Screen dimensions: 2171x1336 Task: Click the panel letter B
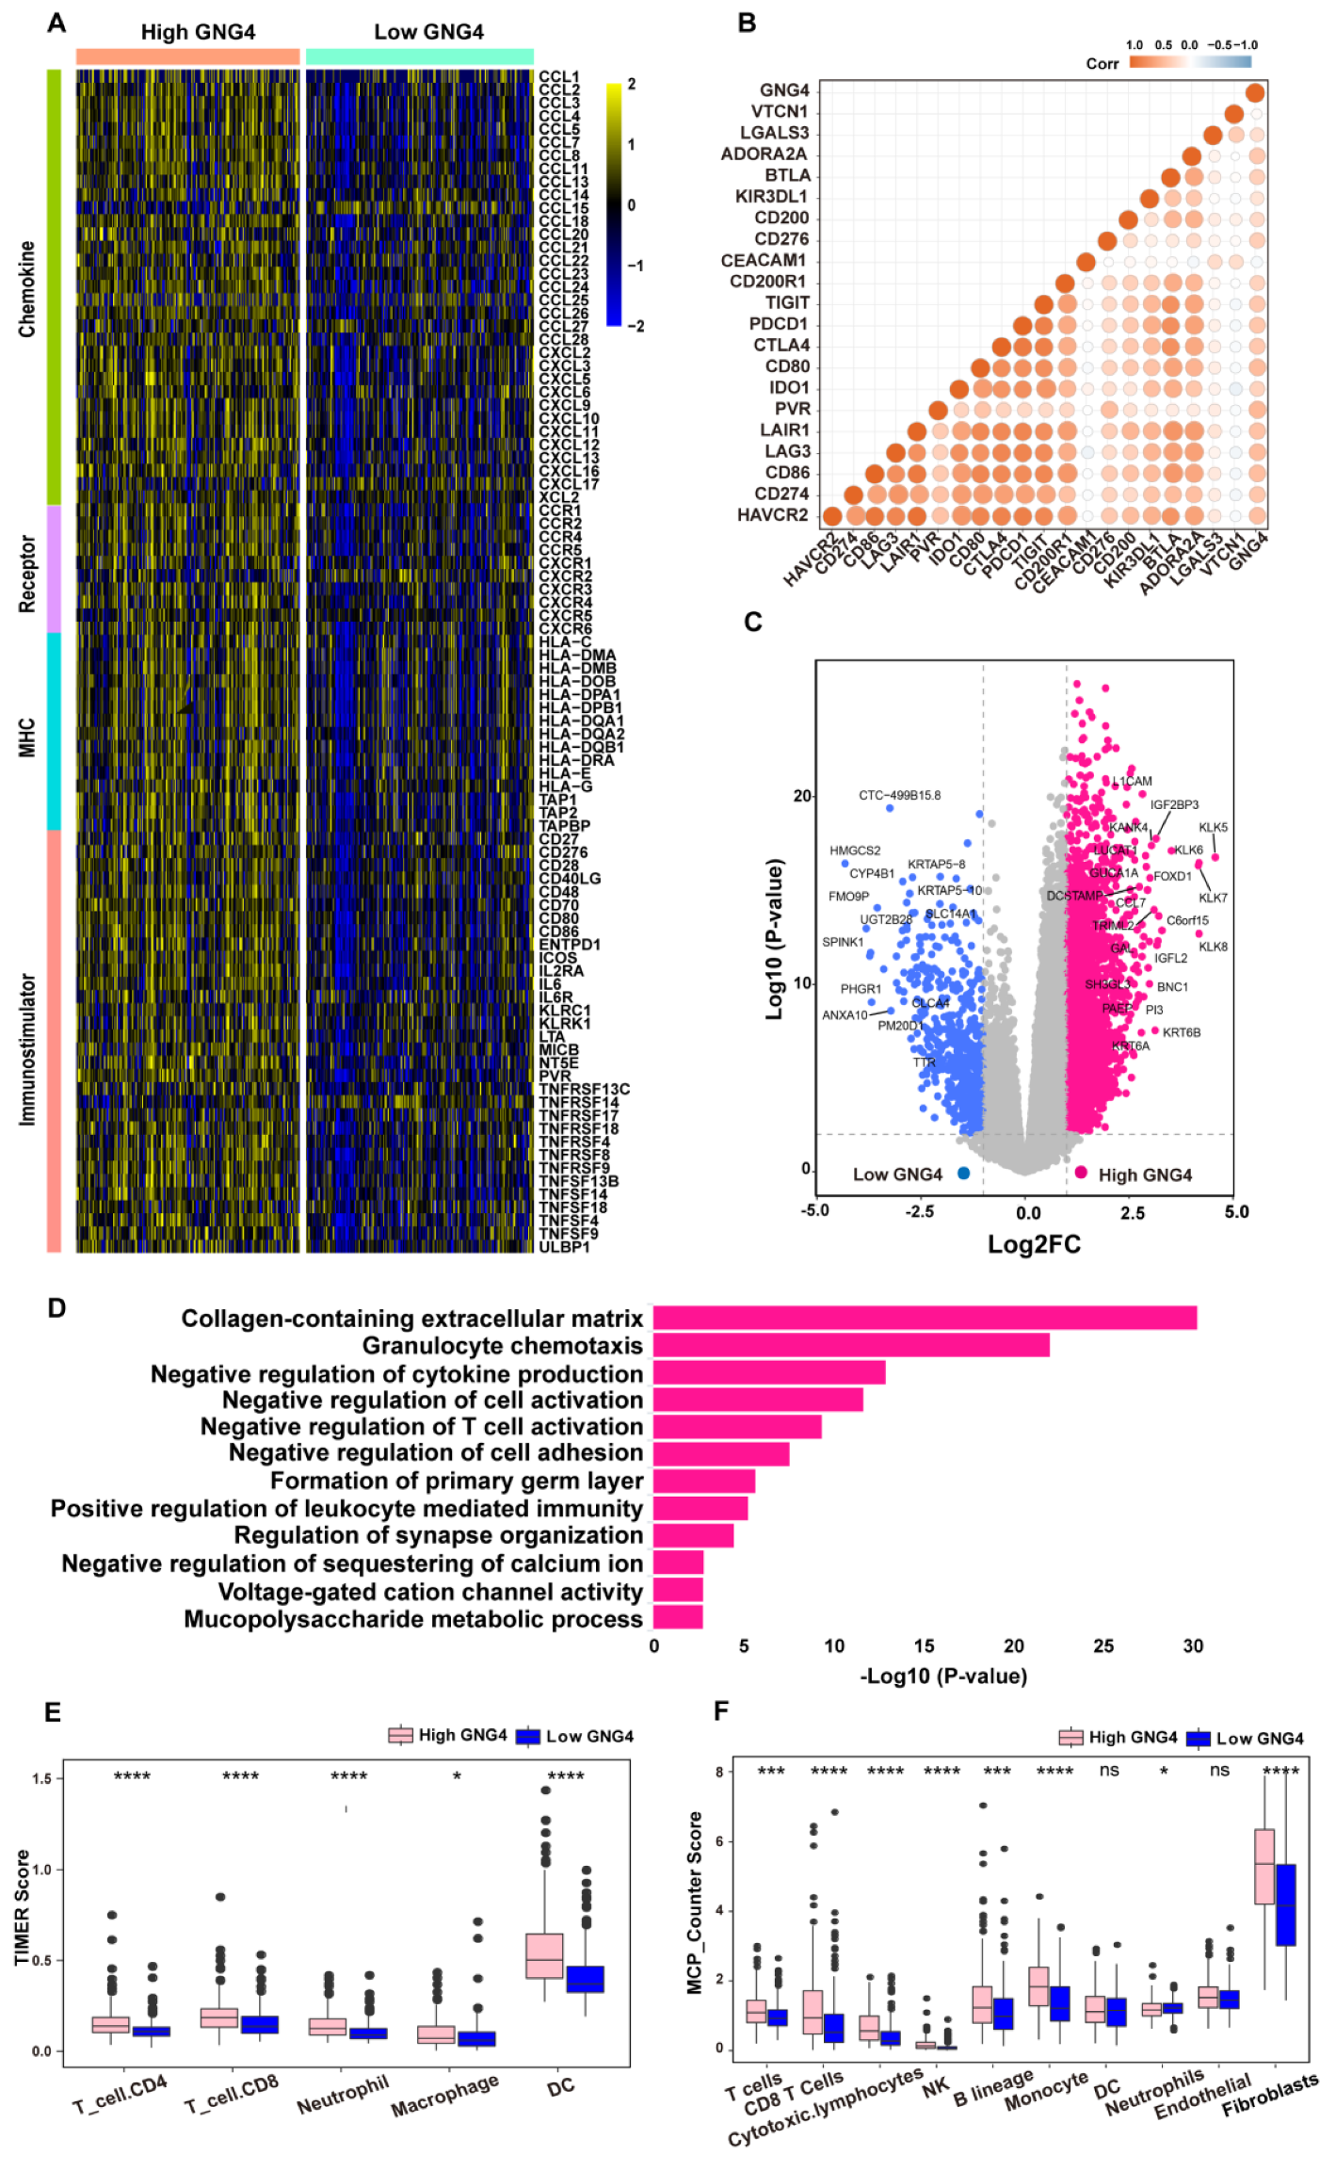coord(747,23)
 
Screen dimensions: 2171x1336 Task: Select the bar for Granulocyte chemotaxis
coord(850,1345)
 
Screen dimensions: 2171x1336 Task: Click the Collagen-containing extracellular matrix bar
coord(924,1317)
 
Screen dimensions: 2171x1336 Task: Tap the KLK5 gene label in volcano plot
coord(1213,827)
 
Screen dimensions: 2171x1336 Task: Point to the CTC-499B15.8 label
coord(898,795)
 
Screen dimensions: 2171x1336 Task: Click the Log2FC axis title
coord(1033,1244)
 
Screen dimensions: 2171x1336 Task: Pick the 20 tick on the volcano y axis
coord(802,796)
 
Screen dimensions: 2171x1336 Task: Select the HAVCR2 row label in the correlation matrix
coord(772,515)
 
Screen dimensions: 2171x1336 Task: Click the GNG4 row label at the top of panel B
coord(784,90)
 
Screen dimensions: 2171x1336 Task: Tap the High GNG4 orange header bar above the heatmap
coord(187,57)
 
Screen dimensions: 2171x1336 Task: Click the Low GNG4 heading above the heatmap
coord(428,32)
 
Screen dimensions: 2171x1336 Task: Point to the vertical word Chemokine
coord(27,289)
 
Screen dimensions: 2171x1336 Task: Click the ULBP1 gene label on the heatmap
coord(564,1247)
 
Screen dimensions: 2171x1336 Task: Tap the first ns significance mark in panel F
coord(1109,1771)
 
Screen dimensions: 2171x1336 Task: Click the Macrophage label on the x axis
coord(444,2094)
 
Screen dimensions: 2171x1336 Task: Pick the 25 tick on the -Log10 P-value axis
coord(1103,1645)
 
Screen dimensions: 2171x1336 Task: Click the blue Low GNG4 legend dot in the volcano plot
coord(963,1173)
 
